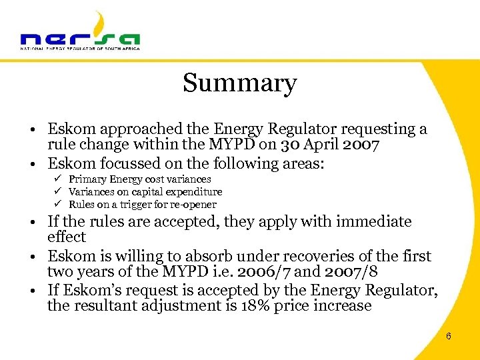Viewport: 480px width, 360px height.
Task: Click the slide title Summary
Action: (x=239, y=83)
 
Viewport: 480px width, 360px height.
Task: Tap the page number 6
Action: (x=448, y=336)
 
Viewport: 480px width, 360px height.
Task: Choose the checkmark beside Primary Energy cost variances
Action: (x=59, y=179)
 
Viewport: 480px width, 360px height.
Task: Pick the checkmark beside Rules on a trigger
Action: (x=59, y=205)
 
